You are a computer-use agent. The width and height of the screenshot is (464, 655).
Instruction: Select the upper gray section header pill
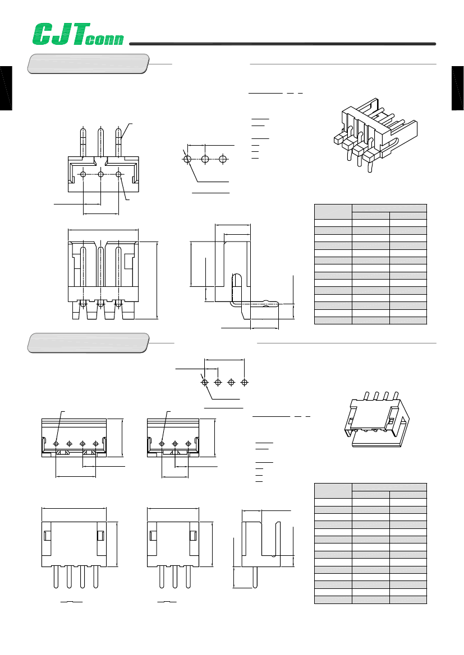[89, 63]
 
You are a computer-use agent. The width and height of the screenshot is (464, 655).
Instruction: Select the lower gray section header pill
[89, 342]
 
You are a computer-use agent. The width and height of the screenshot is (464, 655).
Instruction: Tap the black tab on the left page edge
[6, 89]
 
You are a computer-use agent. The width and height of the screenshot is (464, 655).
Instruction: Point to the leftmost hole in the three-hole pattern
[187, 159]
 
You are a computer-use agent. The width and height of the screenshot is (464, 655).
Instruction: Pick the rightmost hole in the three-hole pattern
[223, 159]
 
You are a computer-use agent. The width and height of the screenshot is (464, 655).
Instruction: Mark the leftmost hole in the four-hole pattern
[204, 382]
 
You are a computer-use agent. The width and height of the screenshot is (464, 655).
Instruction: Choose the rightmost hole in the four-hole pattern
[244, 382]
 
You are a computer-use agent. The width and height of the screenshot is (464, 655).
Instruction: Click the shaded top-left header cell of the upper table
[333, 211]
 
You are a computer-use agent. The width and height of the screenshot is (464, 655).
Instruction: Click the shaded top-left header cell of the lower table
[333, 490]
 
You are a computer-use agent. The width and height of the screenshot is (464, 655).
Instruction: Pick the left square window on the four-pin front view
[47, 536]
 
